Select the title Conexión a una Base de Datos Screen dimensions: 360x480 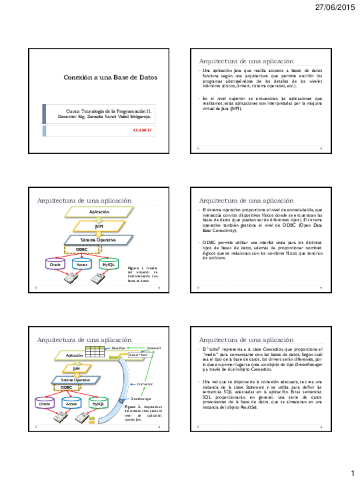(110, 77)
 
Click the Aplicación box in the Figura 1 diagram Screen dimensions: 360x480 (99, 211)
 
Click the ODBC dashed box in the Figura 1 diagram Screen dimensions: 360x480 (82, 249)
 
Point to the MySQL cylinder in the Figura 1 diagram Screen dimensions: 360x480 (107, 265)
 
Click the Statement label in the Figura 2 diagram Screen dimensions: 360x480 (153, 347)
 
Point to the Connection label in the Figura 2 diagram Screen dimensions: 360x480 (145, 385)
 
